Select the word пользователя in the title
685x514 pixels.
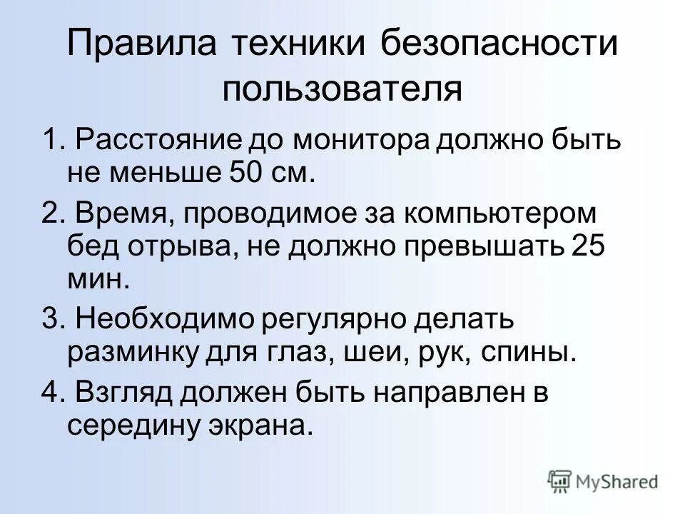(x=342, y=91)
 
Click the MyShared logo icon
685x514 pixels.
(x=559, y=481)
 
